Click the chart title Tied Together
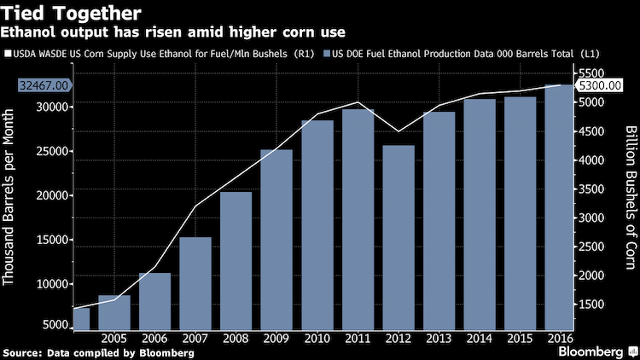(71, 14)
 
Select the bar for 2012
(399, 237)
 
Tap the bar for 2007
(195, 284)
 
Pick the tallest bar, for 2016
(559, 207)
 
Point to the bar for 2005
(114, 312)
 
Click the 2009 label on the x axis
(276, 339)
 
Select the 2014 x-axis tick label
(480, 339)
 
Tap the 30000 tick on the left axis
(52, 107)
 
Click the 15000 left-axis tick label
(52, 240)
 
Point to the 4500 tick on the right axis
(591, 131)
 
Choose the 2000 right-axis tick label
(591, 276)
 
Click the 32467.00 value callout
(44, 85)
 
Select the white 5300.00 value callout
(599, 85)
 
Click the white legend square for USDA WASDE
(8, 54)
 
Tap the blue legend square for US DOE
(327, 54)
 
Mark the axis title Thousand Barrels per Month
(9, 197)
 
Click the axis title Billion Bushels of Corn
(631, 198)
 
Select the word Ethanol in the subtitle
(28, 32)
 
